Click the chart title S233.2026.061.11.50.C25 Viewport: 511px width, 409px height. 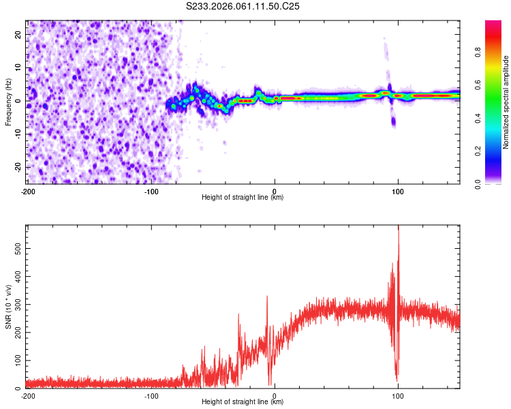click(x=243, y=6)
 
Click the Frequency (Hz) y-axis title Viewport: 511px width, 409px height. click(x=8, y=102)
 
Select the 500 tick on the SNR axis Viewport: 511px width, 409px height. click(x=17, y=249)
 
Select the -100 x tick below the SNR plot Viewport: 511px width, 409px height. click(x=151, y=395)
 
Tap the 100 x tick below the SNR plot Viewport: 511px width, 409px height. click(x=398, y=395)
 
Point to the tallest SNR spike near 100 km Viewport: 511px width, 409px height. click(x=398, y=229)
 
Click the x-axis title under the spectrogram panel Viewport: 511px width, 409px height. click(x=243, y=198)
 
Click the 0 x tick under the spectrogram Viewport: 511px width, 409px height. click(x=275, y=190)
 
